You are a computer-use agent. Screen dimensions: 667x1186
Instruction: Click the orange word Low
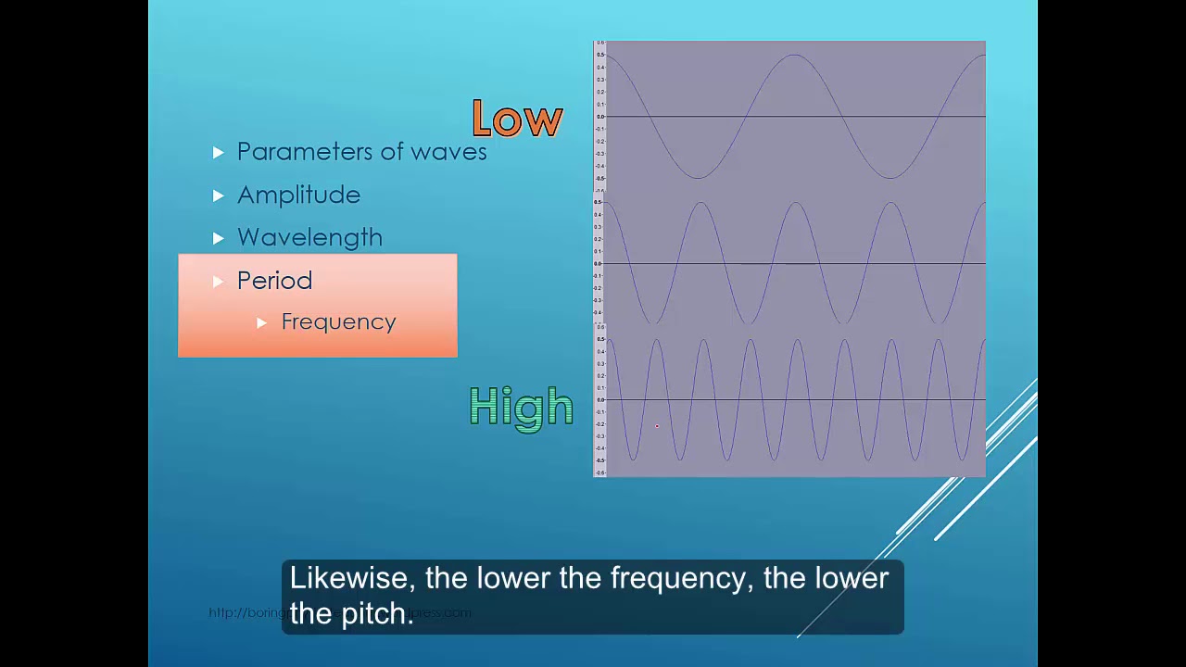click(x=517, y=120)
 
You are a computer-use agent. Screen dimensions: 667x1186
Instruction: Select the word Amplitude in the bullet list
click(x=298, y=195)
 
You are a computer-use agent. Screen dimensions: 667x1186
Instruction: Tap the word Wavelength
click(x=309, y=238)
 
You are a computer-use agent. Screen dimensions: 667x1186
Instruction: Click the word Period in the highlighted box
click(x=274, y=281)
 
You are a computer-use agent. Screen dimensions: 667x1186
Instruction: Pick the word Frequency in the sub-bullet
click(x=338, y=322)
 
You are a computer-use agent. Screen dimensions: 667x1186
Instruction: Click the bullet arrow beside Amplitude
click(x=218, y=195)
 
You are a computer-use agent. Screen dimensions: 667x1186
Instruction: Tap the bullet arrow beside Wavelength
click(x=218, y=238)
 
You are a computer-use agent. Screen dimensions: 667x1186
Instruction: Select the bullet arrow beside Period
click(x=218, y=282)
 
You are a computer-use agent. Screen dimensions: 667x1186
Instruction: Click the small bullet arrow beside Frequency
click(x=261, y=322)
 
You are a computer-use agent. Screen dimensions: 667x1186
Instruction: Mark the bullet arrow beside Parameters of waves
click(x=218, y=152)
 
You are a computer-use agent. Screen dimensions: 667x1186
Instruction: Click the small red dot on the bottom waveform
click(x=657, y=426)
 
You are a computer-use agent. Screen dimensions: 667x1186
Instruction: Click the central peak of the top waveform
click(x=795, y=56)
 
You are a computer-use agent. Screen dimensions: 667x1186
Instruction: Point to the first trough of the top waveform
click(x=698, y=176)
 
